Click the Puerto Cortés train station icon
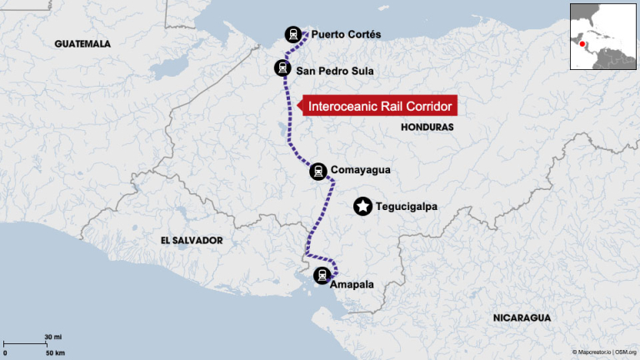click(292, 34)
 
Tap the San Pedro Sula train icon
click(282, 68)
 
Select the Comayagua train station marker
click(317, 172)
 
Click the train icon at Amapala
click(322, 275)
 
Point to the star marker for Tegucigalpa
click(362, 207)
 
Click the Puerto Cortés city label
click(346, 35)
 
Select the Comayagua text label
click(360, 171)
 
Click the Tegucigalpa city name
click(407, 207)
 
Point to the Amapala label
click(352, 285)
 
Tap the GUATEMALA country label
click(82, 43)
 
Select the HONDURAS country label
click(427, 127)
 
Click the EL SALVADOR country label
click(192, 240)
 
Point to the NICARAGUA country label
click(522, 318)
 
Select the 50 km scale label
click(54, 353)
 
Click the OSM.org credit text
click(626, 353)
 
